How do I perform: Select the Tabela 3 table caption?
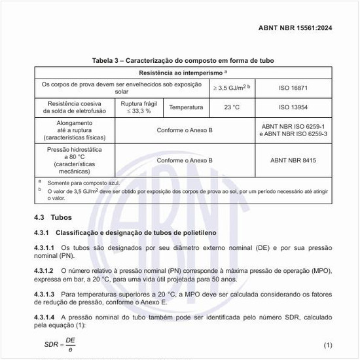(x=183, y=61)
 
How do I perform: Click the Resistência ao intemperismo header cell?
(x=183, y=72)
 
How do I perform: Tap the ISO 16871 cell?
(x=293, y=86)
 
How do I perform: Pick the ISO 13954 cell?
(x=293, y=107)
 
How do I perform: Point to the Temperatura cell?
(x=186, y=107)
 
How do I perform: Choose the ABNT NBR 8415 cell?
(x=293, y=160)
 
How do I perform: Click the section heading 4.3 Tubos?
(x=53, y=217)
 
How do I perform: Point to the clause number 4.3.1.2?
(x=45, y=270)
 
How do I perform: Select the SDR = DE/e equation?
(x=61, y=344)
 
